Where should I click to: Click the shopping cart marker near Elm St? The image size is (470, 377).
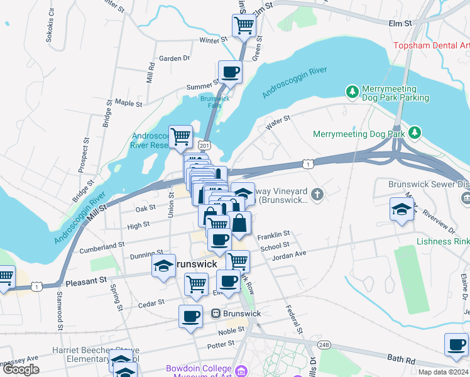(x=243, y=26)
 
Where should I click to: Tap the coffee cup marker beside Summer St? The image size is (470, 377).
(x=229, y=72)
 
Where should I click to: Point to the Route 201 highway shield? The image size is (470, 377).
(x=203, y=145)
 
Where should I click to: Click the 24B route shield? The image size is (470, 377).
(x=324, y=345)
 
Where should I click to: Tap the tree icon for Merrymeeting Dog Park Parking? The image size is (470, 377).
(x=352, y=92)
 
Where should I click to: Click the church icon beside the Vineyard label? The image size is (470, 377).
(x=318, y=194)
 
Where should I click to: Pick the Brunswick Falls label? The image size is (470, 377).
(x=215, y=102)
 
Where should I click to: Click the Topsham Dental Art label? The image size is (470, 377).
(x=431, y=45)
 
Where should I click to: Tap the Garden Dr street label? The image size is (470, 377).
(x=174, y=58)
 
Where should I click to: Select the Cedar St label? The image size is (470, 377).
(x=151, y=305)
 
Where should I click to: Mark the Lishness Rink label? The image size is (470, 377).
(x=442, y=241)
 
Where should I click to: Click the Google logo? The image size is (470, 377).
(x=21, y=369)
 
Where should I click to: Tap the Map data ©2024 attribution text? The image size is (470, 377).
(x=443, y=372)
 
